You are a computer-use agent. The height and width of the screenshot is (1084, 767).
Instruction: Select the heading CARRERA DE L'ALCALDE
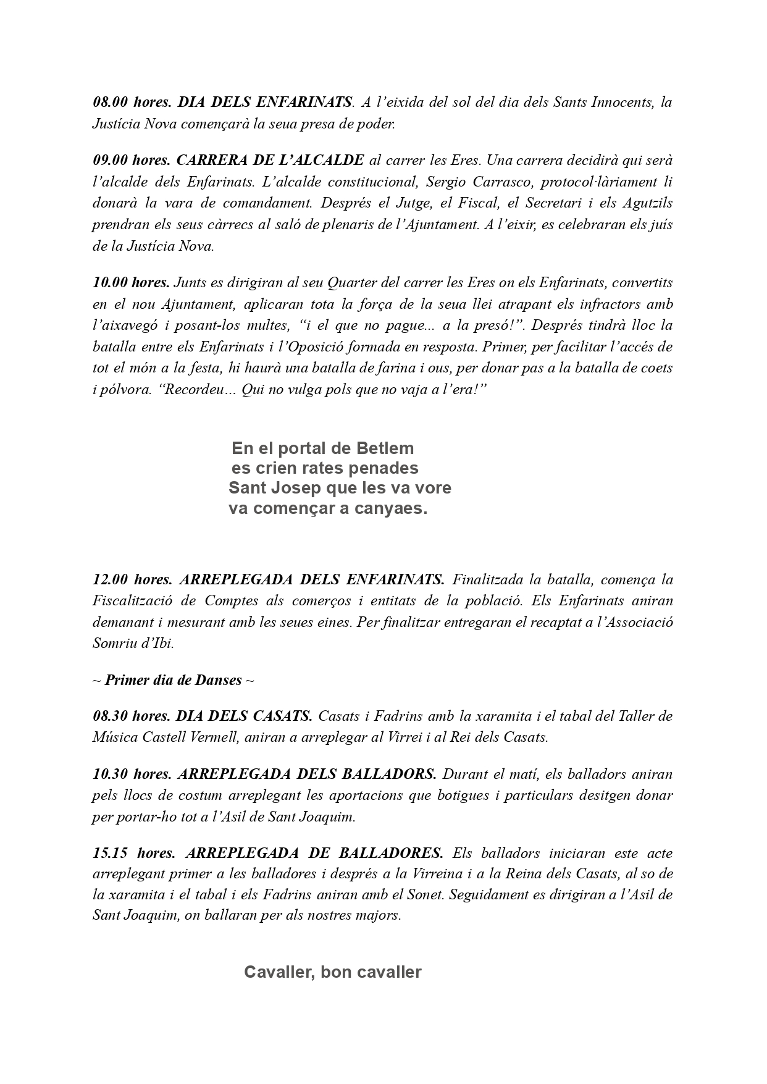[x=270, y=161]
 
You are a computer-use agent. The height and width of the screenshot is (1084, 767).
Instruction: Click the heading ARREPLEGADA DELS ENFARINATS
[x=311, y=579]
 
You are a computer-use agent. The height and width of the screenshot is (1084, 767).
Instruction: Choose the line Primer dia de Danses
[x=173, y=680]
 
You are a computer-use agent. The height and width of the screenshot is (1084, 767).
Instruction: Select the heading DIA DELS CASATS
[x=244, y=716]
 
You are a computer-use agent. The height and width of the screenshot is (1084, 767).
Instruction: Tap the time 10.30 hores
[x=132, y=774]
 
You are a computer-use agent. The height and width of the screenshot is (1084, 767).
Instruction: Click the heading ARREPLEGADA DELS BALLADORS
[x=307, y=774]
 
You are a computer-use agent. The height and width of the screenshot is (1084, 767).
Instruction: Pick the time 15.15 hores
[x=134, y=853]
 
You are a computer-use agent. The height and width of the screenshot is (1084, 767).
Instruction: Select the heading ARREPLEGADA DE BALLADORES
[x=314, y=853]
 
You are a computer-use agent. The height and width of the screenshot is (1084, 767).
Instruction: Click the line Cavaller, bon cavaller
[x=332, y=972]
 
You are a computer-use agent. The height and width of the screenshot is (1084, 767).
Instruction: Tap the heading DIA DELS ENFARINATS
[x=266, y=102]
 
